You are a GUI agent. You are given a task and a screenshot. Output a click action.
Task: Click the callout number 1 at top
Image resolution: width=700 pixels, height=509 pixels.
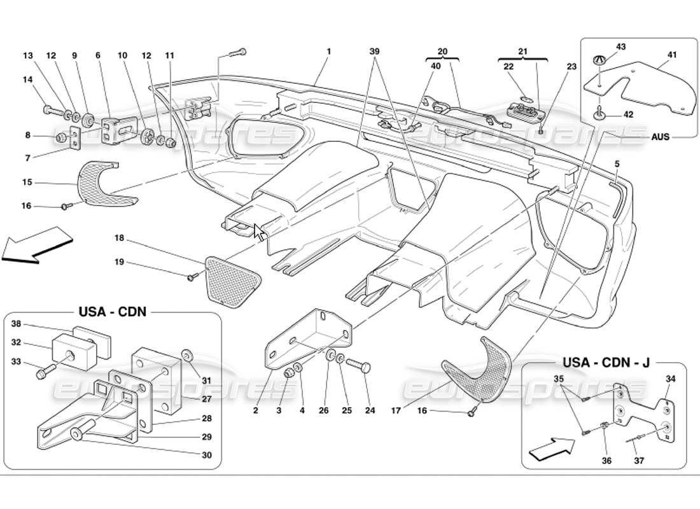click(x=328, y=51)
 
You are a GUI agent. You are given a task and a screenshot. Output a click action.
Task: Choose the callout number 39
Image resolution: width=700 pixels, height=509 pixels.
click(x=376, y=51)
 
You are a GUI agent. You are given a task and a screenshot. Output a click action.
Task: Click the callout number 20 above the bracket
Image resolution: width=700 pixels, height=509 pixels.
click(x=442, y=51)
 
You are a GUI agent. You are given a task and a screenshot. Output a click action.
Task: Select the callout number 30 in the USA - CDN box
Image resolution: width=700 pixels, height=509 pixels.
click(x=207, y=455)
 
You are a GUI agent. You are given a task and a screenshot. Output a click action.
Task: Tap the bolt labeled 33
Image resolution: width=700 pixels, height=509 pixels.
click(x=45, y=370)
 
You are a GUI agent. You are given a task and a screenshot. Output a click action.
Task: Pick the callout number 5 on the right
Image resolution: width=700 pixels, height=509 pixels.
click(x=617, y=164)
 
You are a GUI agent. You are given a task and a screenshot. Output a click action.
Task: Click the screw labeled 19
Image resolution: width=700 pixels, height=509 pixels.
click(x=192, y=277)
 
